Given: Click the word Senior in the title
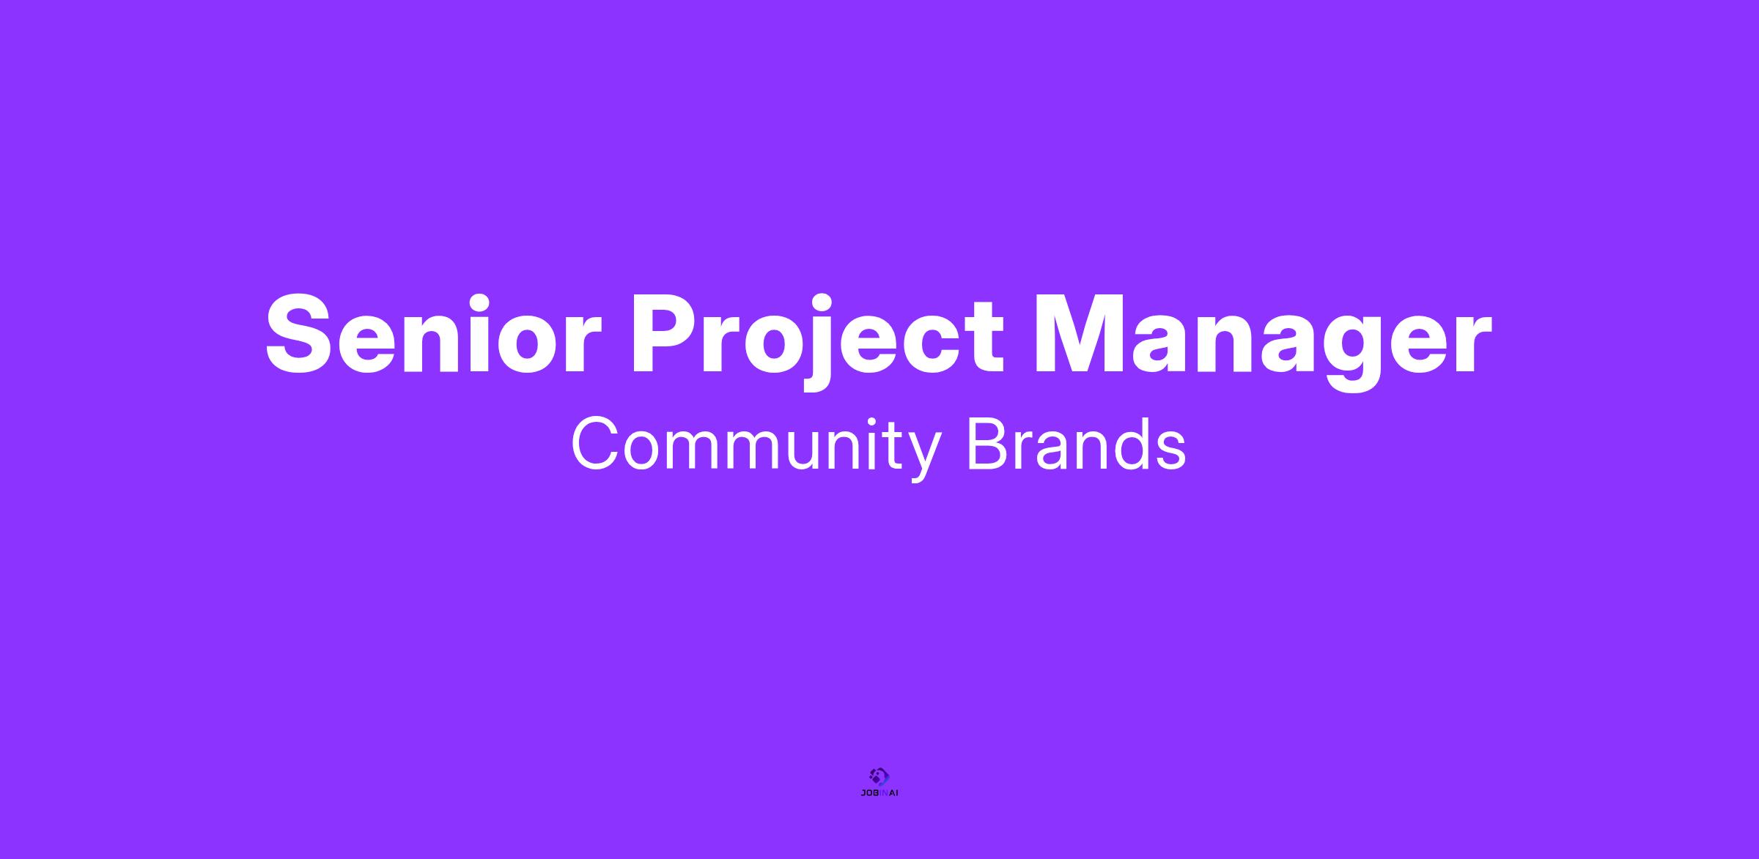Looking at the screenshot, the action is click(x=433, y=334).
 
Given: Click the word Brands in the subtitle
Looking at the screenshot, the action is click(x=1076, y=443).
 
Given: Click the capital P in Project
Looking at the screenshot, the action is click(x=668, y=335).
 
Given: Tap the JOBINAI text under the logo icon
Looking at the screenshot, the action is click(x=879, y=793).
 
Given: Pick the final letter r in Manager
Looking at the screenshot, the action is click(x=1472, y=345).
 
